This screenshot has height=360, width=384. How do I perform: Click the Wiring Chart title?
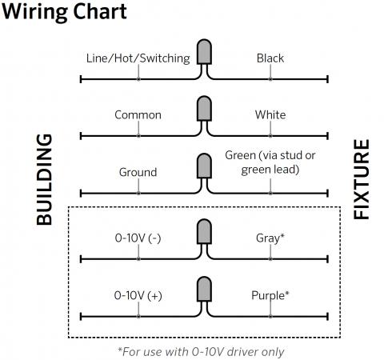64,12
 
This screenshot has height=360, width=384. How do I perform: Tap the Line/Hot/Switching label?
138,58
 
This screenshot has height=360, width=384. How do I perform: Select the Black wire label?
270,58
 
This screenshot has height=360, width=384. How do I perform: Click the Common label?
138,115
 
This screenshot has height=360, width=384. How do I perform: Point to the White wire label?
270,115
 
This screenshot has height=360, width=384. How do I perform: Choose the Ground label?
138,172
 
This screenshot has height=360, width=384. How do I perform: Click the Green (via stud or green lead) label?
270,162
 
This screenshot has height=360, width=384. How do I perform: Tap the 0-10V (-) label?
138,238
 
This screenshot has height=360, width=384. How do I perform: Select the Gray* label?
270,238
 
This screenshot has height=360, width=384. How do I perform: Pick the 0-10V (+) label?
138,295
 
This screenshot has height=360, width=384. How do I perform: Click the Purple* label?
270,296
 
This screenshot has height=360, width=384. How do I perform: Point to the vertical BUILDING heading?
44,179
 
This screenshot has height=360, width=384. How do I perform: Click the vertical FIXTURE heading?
362,179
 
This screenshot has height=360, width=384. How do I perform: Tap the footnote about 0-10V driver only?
201,352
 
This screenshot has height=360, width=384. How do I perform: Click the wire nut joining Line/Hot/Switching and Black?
204,52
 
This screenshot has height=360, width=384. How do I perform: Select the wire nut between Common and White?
204,109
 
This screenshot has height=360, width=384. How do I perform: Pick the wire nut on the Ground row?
204,166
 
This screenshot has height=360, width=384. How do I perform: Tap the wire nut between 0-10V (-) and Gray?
204,232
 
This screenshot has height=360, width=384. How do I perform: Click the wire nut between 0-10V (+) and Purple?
204,289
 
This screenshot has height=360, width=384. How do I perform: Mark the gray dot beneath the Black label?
270,79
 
